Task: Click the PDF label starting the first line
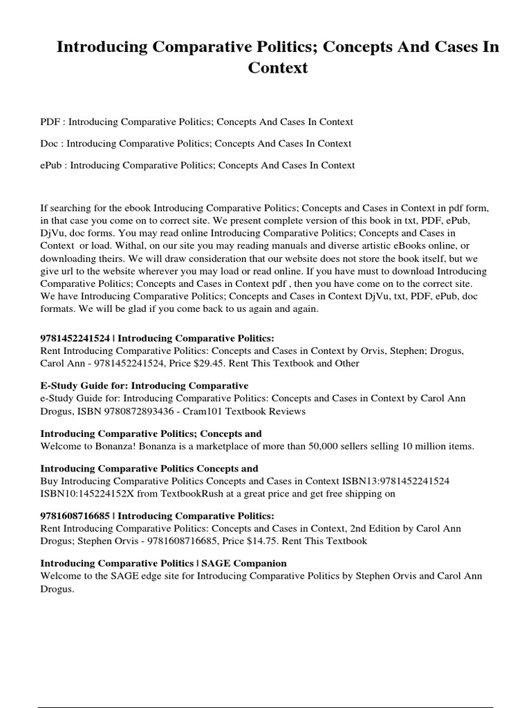(x=50, y=122)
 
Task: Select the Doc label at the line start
(x=50, y=144)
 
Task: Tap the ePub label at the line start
(x=53, y=165)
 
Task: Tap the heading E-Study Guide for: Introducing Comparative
(x=145, y=385)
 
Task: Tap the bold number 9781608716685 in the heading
(x=75, y=516)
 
